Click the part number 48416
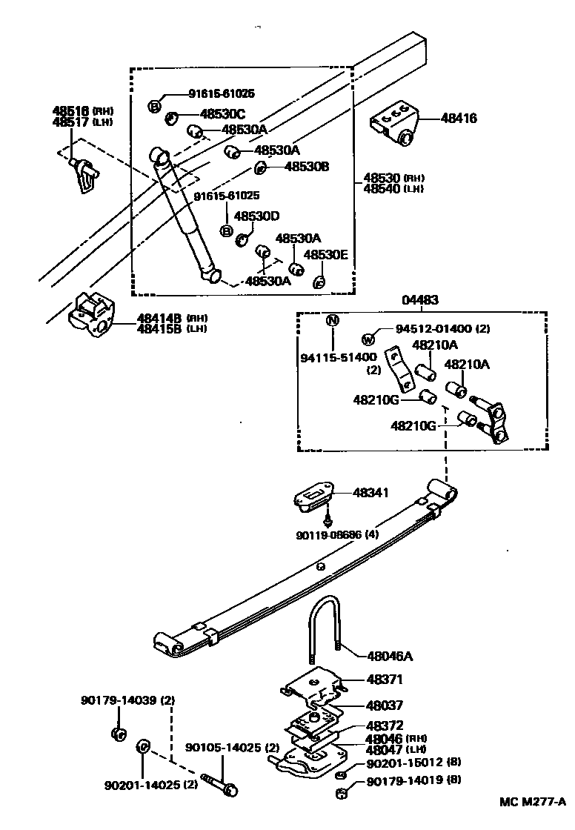[459, 118]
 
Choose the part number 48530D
[256, 216]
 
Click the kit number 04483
[420, 300]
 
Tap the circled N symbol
[333, 321]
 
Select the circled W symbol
[368, 340]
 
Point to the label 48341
[371, 493]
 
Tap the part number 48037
[384, 705]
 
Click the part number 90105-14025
[222, 748]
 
